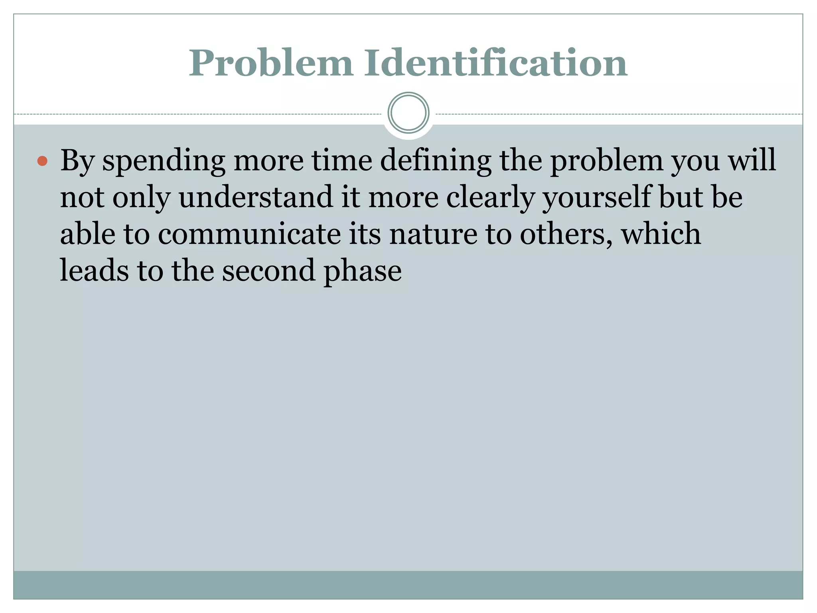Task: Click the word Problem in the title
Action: click(271, 63)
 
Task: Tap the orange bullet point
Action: click(42, 161)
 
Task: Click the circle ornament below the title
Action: click(408, 113)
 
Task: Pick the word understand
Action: click(256, 197)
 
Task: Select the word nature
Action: click(433, 234)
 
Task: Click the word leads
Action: click(94, 270)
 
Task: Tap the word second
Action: click(268, 270)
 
